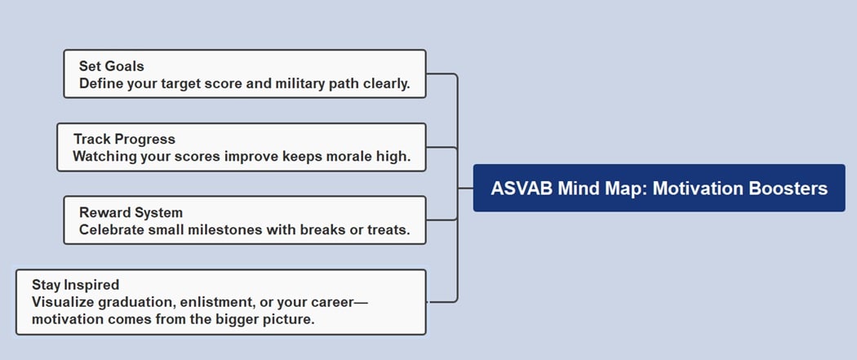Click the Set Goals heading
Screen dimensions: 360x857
pos(111,66)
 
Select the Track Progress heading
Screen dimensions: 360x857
pos(124,139)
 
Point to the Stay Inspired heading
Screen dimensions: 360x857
pos(75,285)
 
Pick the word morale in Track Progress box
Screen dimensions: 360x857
pos(331,156)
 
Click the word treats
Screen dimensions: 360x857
pos(389,229)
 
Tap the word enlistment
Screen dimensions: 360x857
pos(213,302)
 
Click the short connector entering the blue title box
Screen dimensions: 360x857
pos(465,188)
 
